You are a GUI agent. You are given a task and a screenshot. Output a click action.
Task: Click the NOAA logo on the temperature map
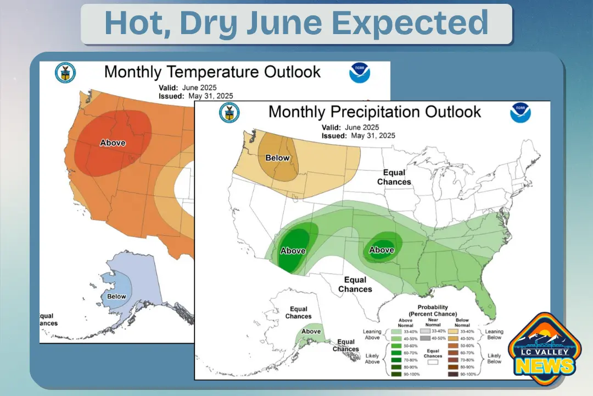coord(360,73)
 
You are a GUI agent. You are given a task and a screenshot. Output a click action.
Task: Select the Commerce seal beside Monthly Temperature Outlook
coord(65,73)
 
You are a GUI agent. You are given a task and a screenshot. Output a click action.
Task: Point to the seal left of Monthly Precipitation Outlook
coord(229,112)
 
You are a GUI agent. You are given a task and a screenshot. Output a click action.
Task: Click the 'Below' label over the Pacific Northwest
coord(277,158)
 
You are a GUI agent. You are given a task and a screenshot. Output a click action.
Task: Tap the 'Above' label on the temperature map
coord(113,143)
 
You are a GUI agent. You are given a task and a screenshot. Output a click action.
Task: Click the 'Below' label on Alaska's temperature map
coord(116,296)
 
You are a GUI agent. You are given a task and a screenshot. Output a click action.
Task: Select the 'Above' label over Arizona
coord(293,251)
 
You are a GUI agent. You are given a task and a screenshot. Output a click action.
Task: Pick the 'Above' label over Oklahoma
coord(382,250)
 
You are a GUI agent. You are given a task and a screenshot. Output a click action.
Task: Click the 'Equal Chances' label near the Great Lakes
coord(394,177)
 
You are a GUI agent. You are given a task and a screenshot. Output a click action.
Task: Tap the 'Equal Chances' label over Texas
coord(355,285)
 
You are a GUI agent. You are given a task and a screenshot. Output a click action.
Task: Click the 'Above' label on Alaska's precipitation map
coord(311,331)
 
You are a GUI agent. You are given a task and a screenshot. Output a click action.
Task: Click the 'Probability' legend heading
coord(433,307)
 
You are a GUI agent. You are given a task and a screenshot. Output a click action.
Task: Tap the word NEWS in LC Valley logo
coord(544,366)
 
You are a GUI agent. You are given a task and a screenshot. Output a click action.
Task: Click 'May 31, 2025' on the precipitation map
coord(373,135)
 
